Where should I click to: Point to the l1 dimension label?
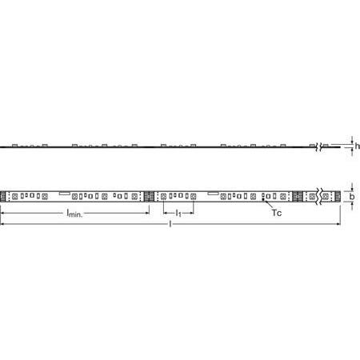point(178,214)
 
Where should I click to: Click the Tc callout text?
point(277,214)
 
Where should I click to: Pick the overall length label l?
point(170,225)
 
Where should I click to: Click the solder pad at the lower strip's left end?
point(3,195)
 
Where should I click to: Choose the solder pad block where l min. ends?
point(148,195)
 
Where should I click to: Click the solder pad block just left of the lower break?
point(298,195)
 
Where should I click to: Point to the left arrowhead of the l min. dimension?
point(2,211)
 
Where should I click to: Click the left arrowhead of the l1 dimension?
point(164,211)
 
